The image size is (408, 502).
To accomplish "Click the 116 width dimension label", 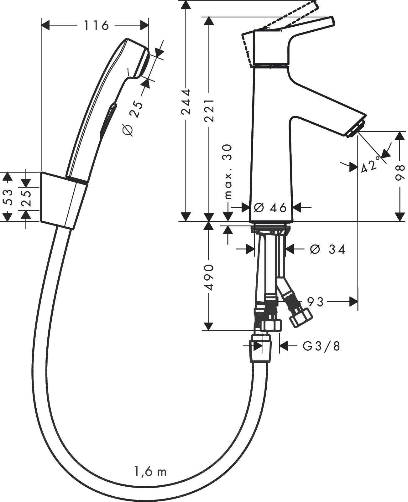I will tap(96, 25).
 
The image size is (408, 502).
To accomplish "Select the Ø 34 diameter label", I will tap(327, 250).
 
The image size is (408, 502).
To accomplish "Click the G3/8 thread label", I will tap(321, 346).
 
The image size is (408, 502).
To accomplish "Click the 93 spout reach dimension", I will tap(315, 302).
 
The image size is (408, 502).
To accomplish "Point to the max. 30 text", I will tap(228, 172).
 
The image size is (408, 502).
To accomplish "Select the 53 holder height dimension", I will tap(9, 197).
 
